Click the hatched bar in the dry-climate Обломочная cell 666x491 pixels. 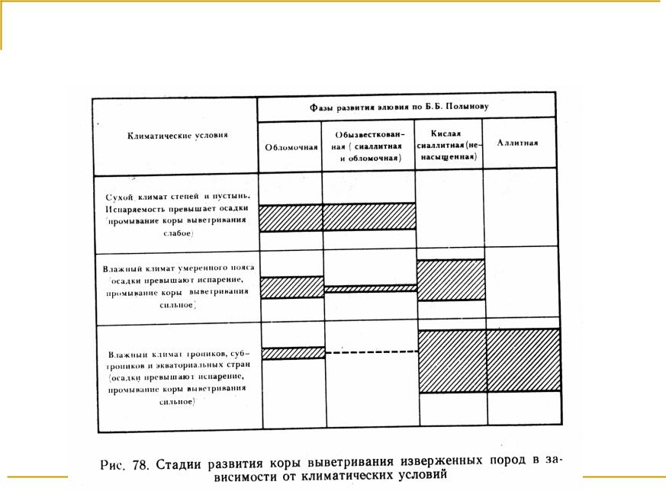click(291, 217)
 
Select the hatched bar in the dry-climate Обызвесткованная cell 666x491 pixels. click(369, 217)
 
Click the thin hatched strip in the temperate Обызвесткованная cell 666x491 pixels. click(369, 289)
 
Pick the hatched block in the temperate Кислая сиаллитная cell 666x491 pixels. click(451, 280)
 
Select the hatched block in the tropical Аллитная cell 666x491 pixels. click(523, 361)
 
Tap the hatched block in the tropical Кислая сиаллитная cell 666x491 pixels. click(451, 361)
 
